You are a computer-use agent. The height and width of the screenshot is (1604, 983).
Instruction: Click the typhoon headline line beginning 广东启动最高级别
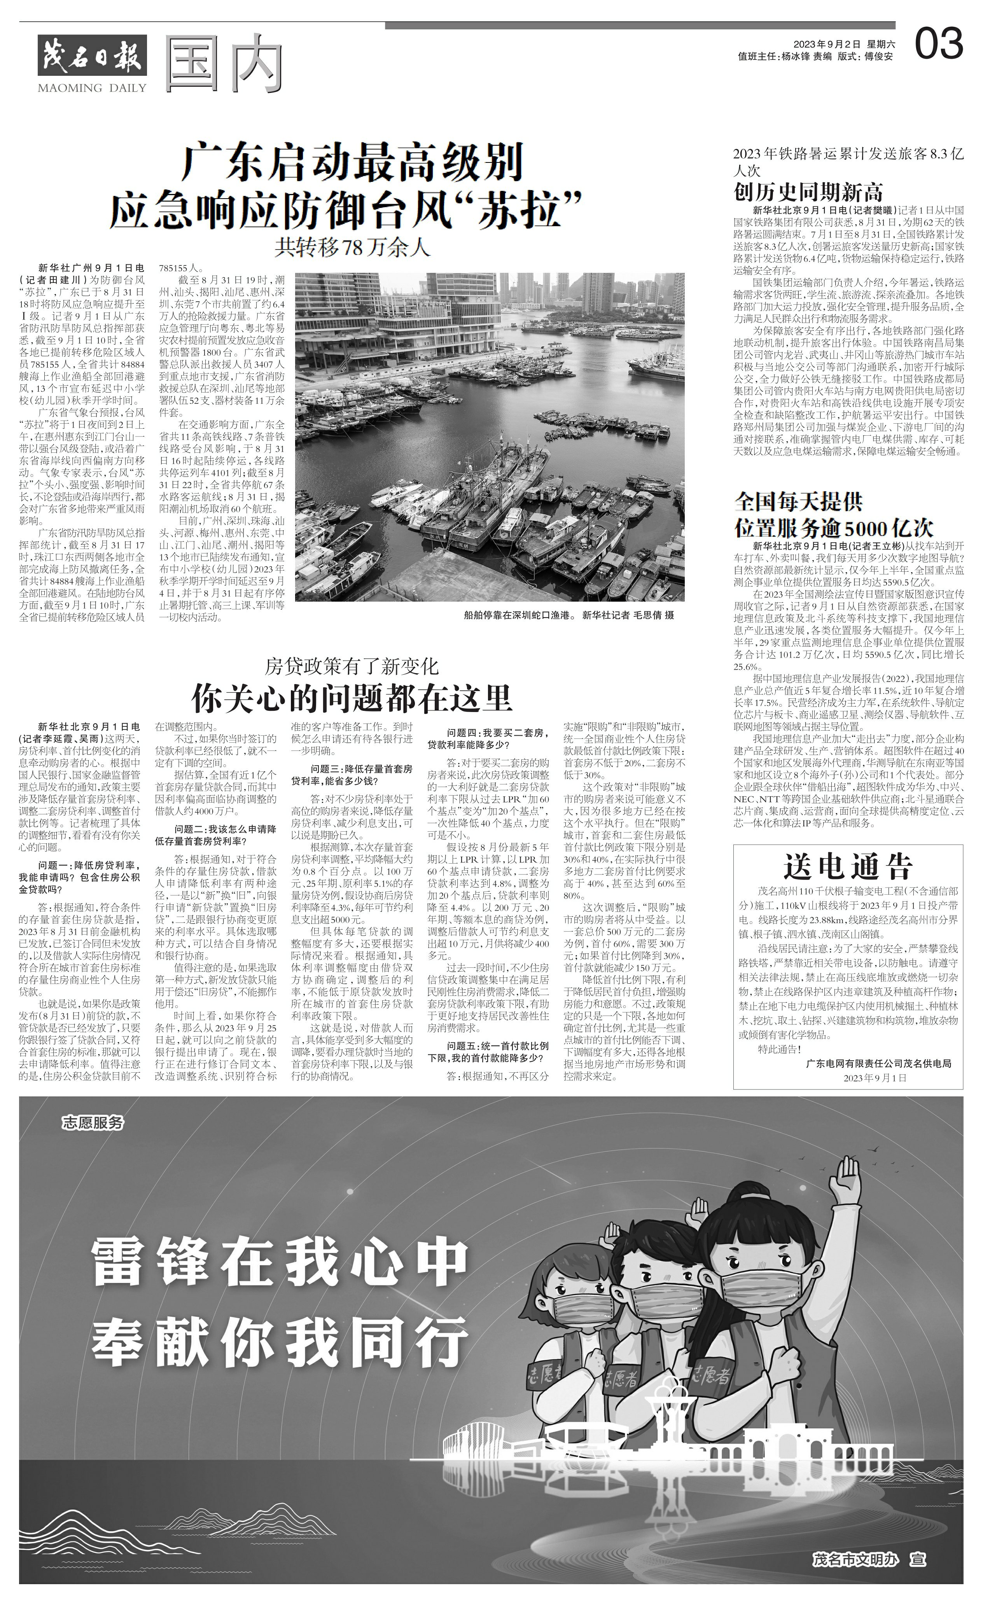[x=352, y=163]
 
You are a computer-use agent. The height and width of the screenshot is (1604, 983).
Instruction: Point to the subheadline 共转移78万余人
[x=352, y=247]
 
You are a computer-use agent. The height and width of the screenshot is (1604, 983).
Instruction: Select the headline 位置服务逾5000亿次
[x=834, y=527]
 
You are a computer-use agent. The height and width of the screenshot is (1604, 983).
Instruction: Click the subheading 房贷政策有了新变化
[x=352, y=667]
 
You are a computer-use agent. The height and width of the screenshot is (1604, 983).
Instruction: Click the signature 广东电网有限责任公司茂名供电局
[x=878, y=1063]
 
